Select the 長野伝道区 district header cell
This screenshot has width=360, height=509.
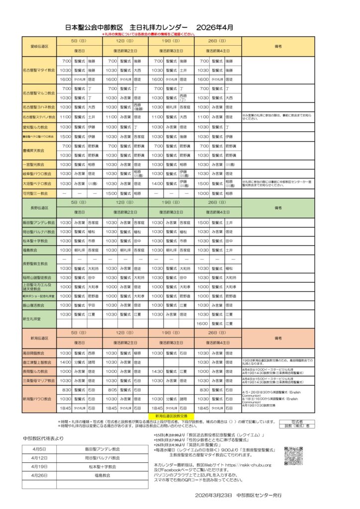point(39,207)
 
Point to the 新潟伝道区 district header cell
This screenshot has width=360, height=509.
point(39,338)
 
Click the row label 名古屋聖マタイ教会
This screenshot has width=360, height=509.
point(39,70)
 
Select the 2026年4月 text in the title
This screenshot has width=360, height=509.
point(215,27)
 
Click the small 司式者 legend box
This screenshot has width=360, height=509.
point(297,421)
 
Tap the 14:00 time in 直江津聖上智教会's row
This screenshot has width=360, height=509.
point(65,362)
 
